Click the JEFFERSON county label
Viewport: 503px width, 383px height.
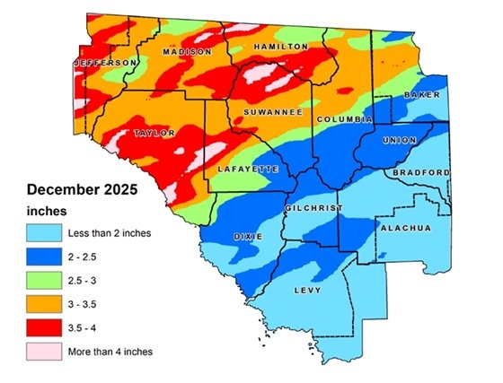[x=107, y=62]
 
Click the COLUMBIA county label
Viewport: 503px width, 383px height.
[x=343, y=118]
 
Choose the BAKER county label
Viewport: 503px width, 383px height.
[x=420, y=94]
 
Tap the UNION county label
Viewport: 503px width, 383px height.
[x=399, y=141]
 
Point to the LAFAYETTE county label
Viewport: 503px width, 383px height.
[x=249, y=169]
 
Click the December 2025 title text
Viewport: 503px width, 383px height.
[x=79, y=190]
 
